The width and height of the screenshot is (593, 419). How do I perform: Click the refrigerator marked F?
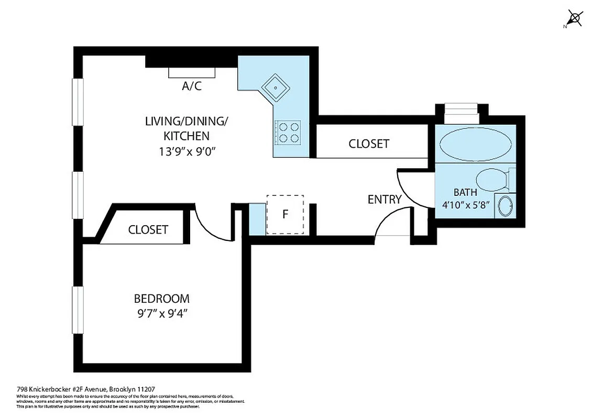(285, 214)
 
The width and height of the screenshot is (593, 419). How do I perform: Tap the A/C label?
(191, 86)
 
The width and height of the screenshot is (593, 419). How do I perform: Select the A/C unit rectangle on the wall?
(191, 73)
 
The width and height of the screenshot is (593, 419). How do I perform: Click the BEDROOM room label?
(162, 299)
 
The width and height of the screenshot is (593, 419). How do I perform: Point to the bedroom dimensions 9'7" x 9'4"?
(162, 315)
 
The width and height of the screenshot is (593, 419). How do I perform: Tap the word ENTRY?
(384, 199)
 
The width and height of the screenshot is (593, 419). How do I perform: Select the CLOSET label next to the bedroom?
(148, 229)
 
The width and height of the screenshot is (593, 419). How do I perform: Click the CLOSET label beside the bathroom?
(369, 143)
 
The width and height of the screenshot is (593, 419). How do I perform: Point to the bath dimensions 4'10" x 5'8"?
(465, 204)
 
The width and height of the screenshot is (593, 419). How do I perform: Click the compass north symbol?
(574, 18)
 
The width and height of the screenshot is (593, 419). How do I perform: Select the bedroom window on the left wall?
(78, 310)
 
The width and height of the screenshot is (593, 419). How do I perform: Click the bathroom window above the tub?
(461, 111)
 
